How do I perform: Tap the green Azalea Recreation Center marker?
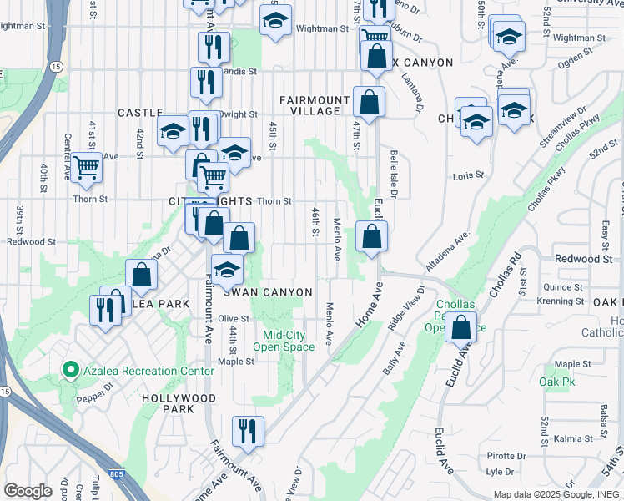pos(69,370)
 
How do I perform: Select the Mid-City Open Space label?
pos(279,341)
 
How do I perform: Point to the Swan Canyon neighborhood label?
pos(268,292)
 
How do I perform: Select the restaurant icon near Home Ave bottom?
pos(248,431)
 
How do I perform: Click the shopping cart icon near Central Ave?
pos(87,167)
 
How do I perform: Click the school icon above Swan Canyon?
pos(226,270)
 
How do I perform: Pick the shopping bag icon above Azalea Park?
pos(142,274)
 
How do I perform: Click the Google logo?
pos(28,490)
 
